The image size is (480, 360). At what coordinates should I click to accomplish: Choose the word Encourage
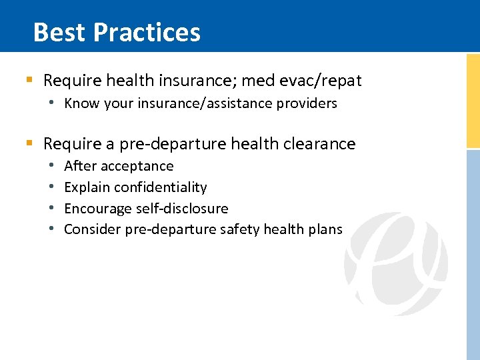click(x=97, y=209)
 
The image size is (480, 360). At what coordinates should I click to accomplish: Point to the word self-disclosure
click(x=181, y=209)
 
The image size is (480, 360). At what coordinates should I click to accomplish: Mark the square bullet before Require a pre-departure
click(x=29, y=144)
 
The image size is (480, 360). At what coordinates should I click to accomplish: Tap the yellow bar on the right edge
click(x=473, y=100)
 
